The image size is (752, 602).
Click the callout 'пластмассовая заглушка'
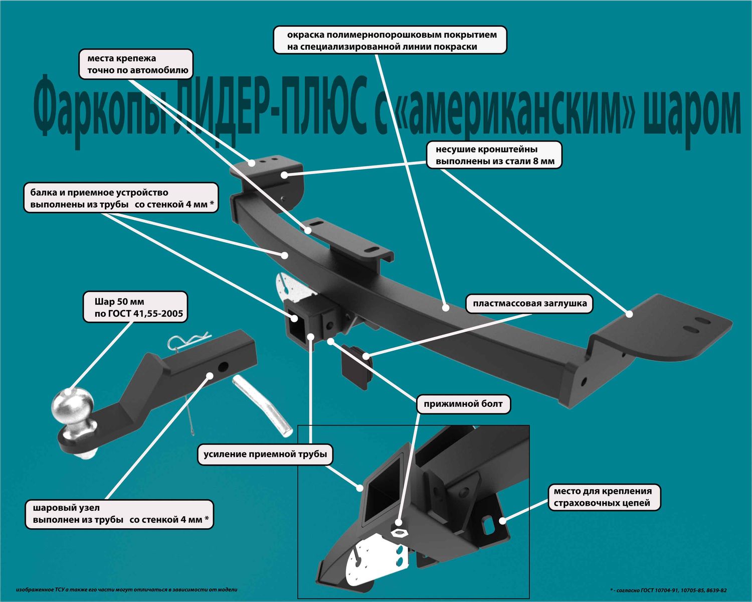(x=529, y=304)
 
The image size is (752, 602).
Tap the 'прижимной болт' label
(x=463, y=404)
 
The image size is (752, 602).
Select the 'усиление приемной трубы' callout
(x=265, y=455)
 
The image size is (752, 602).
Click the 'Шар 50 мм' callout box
(x=135, y=308)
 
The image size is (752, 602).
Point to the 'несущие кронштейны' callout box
(x=494, y=155)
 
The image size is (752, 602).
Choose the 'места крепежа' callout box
(x=136, y=64)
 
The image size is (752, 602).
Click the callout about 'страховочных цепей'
(x=603, y=497)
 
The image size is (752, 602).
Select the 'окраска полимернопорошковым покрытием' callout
(x=390, y=41)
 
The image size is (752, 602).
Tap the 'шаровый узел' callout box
(x=119, y=514)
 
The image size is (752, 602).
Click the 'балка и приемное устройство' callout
(x=121, y=198)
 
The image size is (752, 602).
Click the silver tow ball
(x=73, y=406)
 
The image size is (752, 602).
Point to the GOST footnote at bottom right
(x=668, y=590)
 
